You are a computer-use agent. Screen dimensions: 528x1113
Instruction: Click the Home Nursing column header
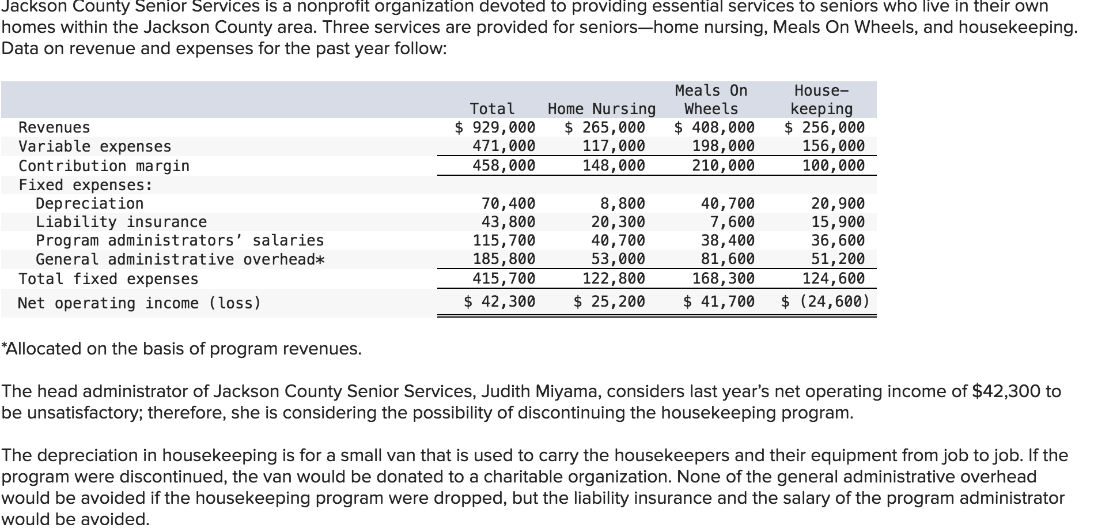coord(601,109)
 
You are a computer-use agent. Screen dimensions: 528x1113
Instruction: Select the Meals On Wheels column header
coord(711,100)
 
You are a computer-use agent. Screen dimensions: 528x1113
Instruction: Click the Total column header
coord(492,109)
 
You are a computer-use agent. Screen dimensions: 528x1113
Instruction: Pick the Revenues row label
coord(54,127)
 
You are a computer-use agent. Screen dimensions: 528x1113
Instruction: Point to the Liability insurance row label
coord(121,222)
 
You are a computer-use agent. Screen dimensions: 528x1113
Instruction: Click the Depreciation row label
coord(89,203)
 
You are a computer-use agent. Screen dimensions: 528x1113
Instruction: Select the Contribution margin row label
coord(104,166)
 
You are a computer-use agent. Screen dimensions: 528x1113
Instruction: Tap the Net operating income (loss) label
coord(139,303)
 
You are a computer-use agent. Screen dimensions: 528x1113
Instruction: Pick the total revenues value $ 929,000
coord(495,127)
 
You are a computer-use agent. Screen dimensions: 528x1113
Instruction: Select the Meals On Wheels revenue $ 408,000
coord(714,127)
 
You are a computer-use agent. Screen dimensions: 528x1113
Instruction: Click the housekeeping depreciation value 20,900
coord(838,203)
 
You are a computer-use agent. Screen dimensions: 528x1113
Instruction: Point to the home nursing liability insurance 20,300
coord(618,222)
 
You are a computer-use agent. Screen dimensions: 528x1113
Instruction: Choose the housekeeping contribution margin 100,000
coord(833,166)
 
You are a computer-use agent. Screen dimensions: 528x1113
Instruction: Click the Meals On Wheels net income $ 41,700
coord(719,301)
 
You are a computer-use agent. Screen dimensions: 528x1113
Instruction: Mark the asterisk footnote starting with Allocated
coord(181,349)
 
